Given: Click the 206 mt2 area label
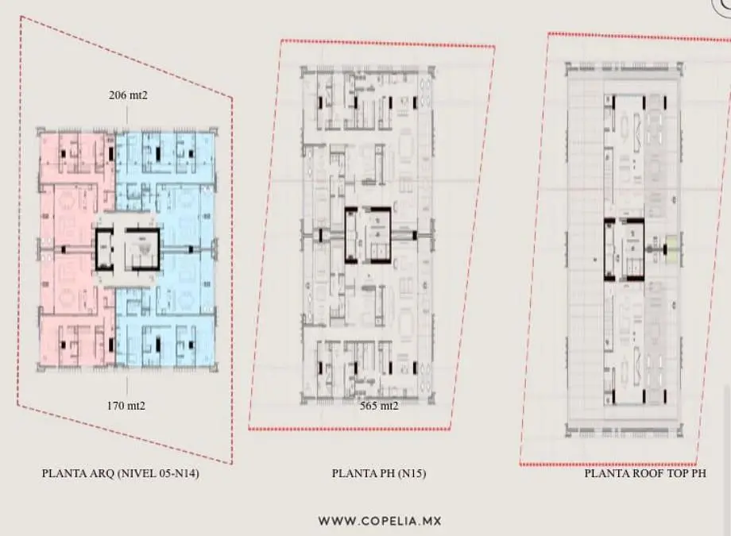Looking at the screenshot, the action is (128, 95).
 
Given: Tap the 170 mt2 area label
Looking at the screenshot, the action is (126, 406).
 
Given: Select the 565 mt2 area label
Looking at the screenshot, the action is (379, 406).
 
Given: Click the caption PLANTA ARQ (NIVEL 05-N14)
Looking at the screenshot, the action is (120, 473).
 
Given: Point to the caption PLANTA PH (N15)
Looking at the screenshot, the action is (379, 473).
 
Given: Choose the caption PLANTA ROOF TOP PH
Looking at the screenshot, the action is (645, 473).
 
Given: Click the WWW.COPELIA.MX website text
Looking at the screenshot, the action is (380, 521).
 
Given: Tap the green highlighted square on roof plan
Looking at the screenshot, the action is (671, 246).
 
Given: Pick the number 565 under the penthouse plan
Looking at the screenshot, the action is (369, 406).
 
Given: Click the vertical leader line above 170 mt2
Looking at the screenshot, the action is (127, 386).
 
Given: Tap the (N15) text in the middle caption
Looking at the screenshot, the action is (412, 473).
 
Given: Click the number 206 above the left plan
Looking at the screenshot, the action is (118, 95).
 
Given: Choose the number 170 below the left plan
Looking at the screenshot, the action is (115, 406).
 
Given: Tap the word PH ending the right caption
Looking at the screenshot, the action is (698, 473).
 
